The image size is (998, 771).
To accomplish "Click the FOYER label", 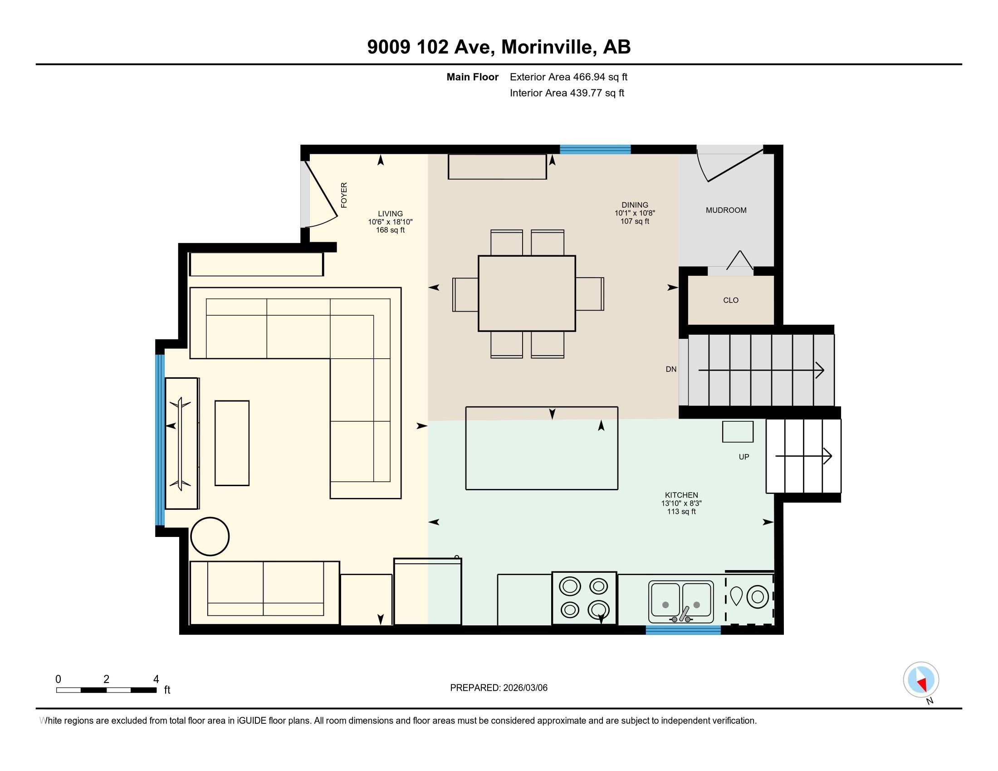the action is [344, 195].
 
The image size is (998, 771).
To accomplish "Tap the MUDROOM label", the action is [726, 210].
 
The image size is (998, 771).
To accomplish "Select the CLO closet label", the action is [731, 300].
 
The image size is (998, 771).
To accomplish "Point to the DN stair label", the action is [671, 369].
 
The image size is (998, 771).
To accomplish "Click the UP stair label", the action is [744, 457].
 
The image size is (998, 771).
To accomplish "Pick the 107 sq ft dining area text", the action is [635, 221].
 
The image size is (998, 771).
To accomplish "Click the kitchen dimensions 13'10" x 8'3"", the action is [681, 503].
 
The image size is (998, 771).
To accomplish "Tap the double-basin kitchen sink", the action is [681, 601].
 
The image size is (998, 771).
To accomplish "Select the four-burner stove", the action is [584, 598].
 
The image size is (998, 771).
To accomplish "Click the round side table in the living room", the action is [210, 536].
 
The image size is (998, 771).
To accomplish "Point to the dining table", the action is [527, 293].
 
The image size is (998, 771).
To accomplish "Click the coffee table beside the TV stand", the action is [232, 443].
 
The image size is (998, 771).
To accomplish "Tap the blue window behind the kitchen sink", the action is [683, 630].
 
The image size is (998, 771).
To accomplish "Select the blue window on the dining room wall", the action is [596, 149].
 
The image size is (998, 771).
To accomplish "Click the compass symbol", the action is [921, 680].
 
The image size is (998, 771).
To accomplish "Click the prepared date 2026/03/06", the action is [524, 688].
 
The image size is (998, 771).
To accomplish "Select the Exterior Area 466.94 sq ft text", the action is [569, 77].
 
